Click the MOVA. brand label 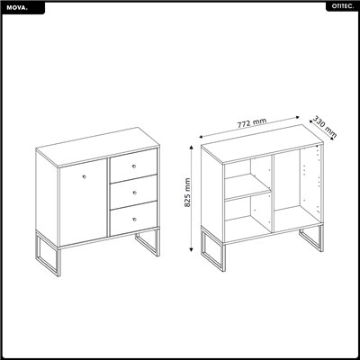point(17,7)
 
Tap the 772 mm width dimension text point(254,122)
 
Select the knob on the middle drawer point(131,193)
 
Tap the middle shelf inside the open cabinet point(247,195)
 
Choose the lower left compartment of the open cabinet point(247,216)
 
